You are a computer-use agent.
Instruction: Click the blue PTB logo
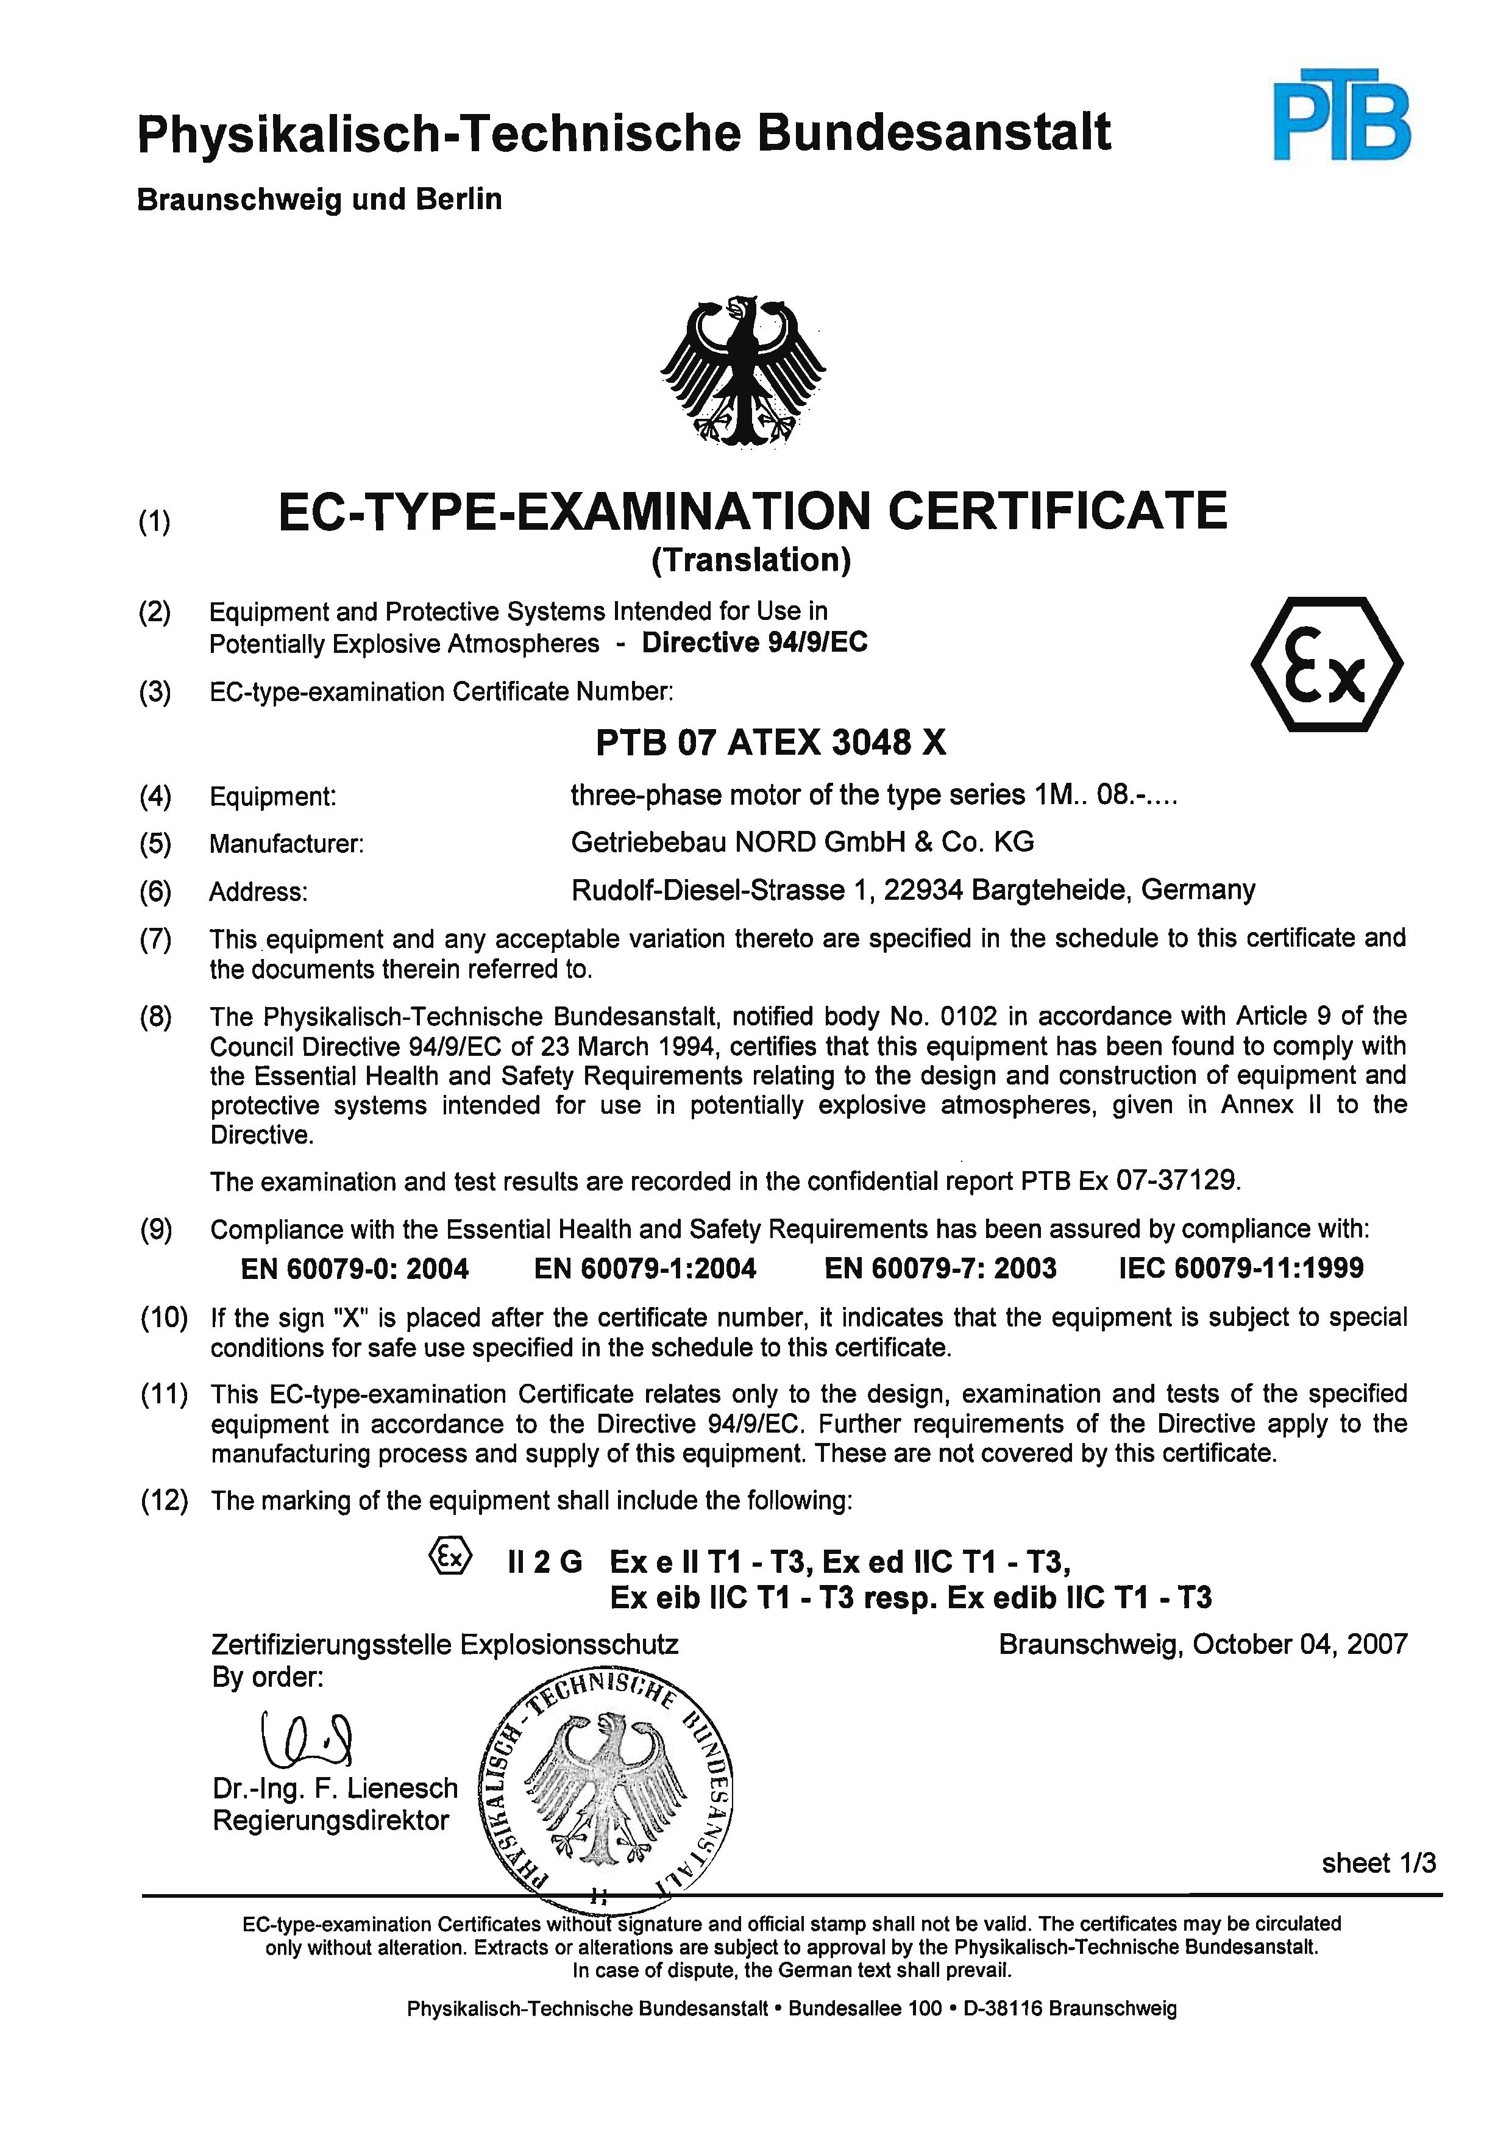point(1341,116)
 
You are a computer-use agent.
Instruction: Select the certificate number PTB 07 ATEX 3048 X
point(771,743)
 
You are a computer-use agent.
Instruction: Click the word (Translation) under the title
point(751,560)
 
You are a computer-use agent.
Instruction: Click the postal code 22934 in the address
point(923,891)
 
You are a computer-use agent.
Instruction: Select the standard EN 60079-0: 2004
point(354,1269)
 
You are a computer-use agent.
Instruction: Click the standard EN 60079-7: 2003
point(940,1269)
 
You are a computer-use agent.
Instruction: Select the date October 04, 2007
point(1299,1644)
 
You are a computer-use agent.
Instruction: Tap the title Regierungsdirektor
point(331,1820)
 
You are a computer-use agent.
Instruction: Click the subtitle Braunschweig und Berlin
point(320,199)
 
